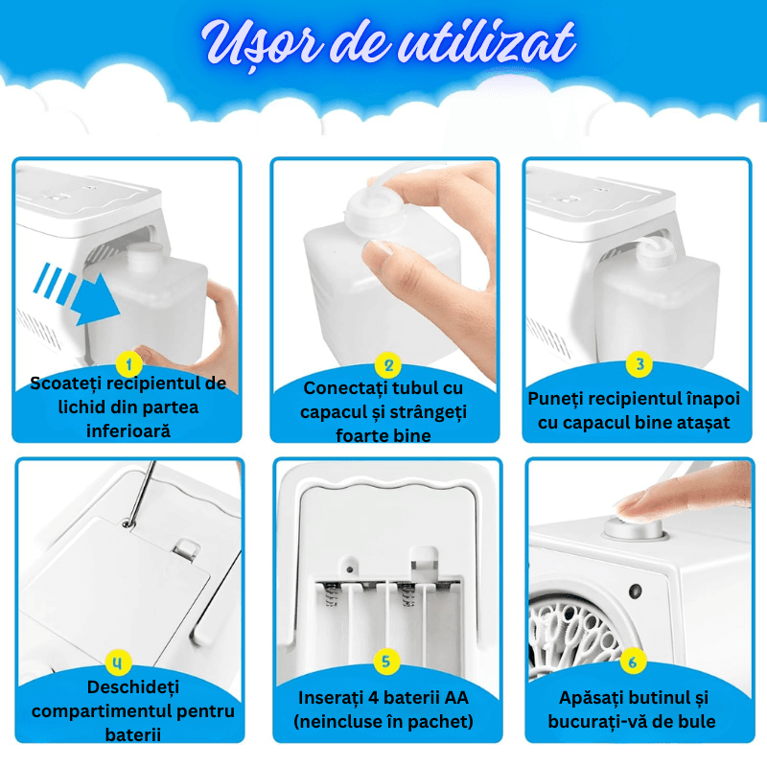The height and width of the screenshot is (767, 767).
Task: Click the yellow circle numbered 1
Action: point(128,364)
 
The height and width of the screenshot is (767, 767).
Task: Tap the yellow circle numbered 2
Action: point(388,365)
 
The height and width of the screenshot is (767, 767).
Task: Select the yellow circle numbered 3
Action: point(639,364)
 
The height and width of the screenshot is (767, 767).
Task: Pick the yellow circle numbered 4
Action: point(118,662)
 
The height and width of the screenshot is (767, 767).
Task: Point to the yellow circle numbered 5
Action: point(386,662)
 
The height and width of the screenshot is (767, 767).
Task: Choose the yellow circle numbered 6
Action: point(633,662)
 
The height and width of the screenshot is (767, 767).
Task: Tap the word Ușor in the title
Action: point(262,45)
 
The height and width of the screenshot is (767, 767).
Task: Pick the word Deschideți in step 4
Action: point(133,687)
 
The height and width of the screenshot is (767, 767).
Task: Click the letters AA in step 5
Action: point(456,698)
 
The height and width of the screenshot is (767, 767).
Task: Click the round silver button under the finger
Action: point(634,528)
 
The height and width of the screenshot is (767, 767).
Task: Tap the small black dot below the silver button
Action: point(635,591)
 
